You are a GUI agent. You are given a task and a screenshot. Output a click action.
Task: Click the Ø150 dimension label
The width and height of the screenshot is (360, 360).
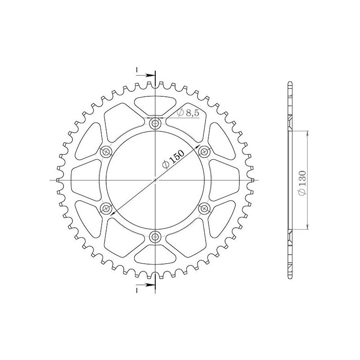pos(173,159)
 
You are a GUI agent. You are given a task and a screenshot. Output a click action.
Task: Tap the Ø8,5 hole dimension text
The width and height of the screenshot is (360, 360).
pos(188,113)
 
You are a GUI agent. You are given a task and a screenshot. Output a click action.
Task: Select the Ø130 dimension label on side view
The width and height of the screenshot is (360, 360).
pos(302,183)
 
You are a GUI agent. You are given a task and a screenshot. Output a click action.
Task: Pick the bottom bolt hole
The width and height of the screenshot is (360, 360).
pos(155,236)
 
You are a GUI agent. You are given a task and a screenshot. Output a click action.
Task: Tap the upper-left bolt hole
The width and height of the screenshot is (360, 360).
pos(106,152)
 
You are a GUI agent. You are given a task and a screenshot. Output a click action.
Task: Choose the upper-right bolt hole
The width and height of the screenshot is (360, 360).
pos(204,152)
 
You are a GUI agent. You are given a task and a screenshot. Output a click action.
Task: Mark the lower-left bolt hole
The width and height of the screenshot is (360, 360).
pos(106,208)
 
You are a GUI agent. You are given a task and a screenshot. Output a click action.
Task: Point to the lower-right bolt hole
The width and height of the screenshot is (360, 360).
pos(204,208)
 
